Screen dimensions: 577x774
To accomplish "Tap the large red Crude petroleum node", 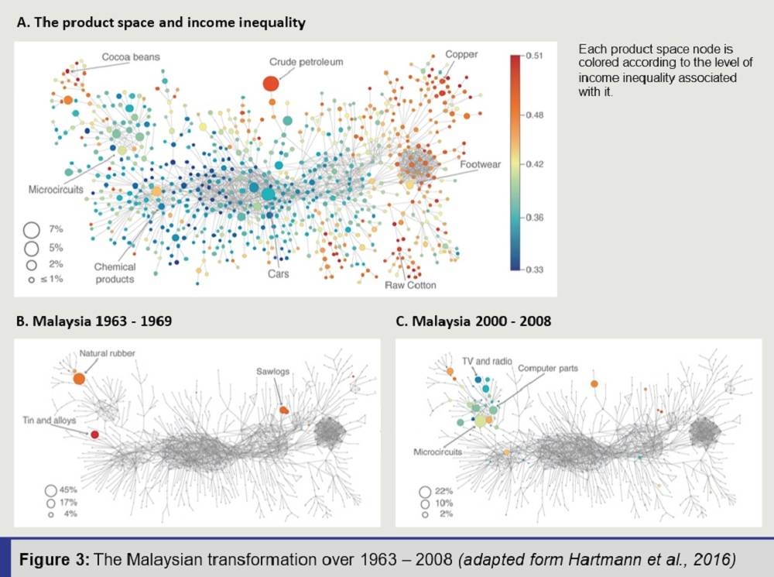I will pyautogui.click(x=271, y=83).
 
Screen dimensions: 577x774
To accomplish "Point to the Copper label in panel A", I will pyautogui.click(x=461, y=55).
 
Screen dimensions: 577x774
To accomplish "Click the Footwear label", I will pyautogui.click(x=481, y=165).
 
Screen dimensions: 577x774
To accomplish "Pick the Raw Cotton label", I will pyautogui.click(x=410, y=285).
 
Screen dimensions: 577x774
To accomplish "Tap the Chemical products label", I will pyautogui.click(x=115, y=273).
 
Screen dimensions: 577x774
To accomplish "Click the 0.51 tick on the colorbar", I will pyautogui.click(x=535, y=56).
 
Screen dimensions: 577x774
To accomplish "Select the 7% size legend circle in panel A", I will pyautogui.click(x=32, y=229).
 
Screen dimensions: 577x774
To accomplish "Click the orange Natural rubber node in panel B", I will pyautogui.click(x=79, y=378).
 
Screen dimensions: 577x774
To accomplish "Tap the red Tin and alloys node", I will pyautogui.click(x=94, y=435).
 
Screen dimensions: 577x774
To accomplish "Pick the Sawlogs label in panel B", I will pyautogui.click(x=274, y=372).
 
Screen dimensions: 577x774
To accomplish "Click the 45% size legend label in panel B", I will pyautogui.click(x=70, y=489).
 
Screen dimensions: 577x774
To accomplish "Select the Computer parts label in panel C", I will pyautogui.click(x=547, y=369).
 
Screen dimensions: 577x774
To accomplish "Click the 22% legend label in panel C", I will pyautogui.click(x=443, y=491).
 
